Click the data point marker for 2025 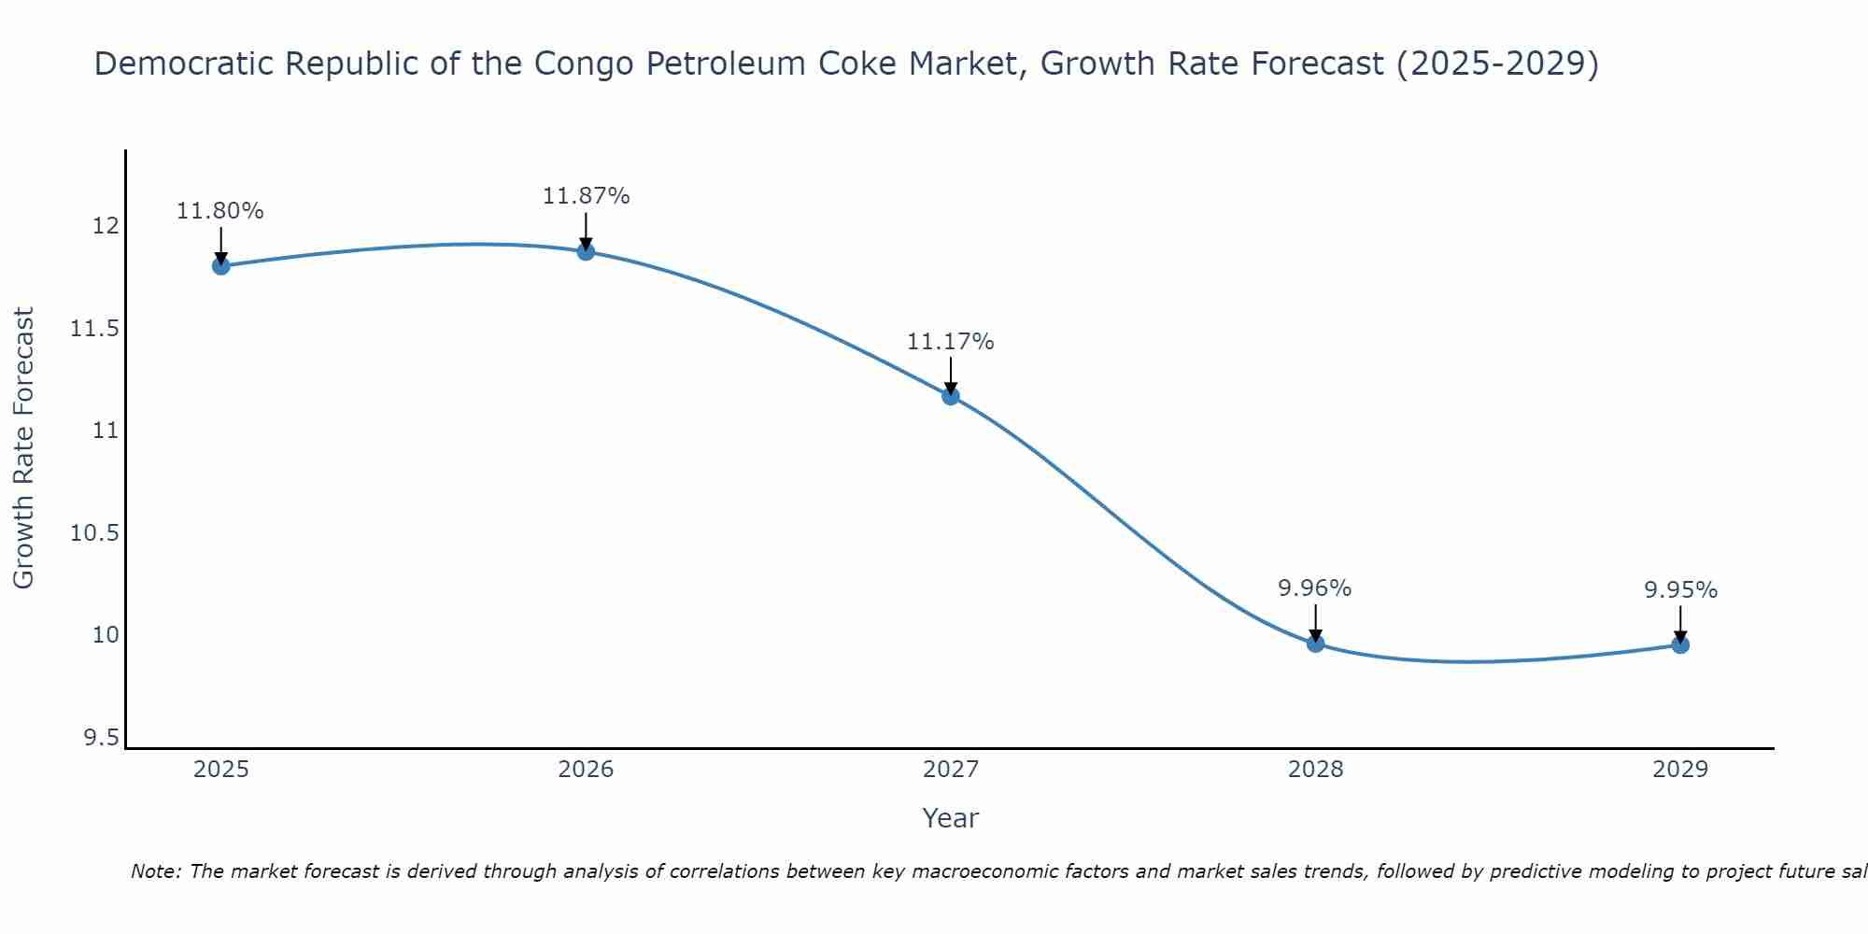[221, 266]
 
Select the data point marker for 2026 [586, 251]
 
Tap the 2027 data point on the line [951, 396]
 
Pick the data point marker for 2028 [1315, 644]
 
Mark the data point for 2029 [1680, 644]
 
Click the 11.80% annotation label [220, 211]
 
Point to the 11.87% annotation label [586, 196]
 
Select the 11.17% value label [951, 342]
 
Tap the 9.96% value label [1315, 588]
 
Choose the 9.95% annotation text [1680, 590]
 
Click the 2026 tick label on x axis [586, 770]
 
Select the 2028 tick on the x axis [1315, 770]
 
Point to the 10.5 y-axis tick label [94, 533]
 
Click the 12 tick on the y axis [105, 227]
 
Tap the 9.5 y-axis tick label [101, 739]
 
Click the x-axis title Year [950, 818]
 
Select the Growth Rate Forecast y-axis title [23, 447]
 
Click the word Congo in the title [585, 64]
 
